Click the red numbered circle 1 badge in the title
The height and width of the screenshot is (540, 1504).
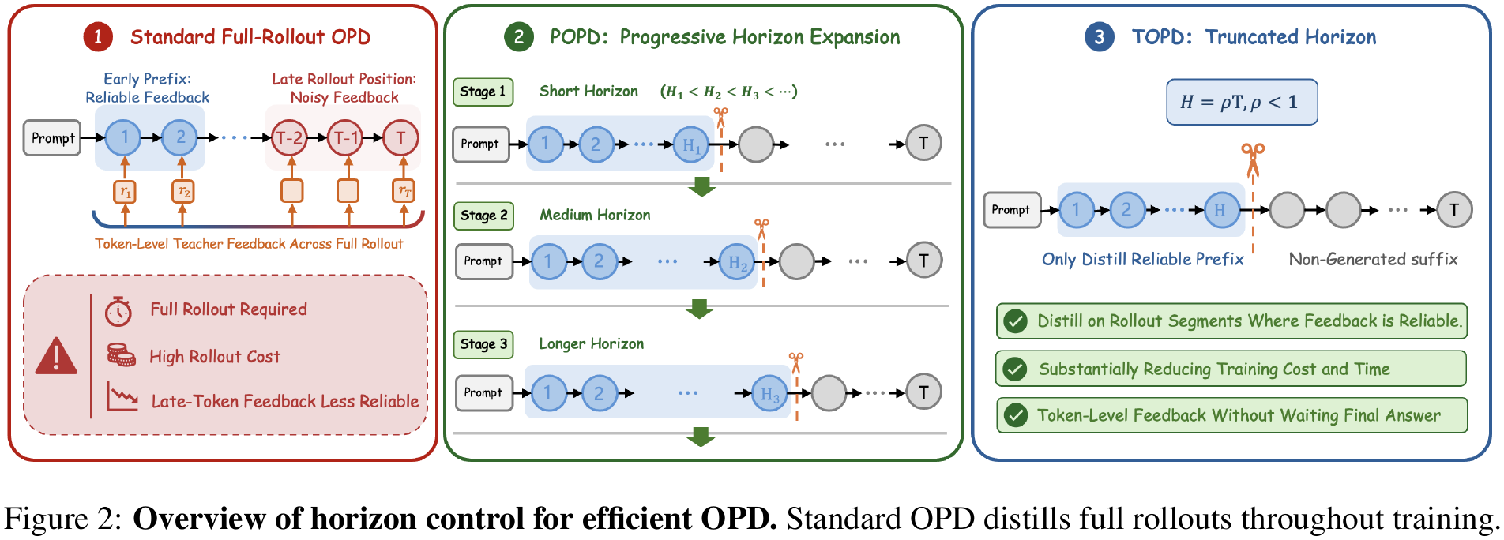point(98,37)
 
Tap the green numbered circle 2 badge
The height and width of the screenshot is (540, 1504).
point(518,37)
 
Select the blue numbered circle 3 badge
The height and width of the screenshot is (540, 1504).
point(1099,37)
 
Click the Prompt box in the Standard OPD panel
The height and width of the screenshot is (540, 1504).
point(53,138)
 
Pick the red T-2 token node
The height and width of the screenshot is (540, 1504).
point(288,138)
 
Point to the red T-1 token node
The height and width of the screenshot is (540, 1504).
point(345,138)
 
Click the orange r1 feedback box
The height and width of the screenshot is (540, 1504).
point(125,191)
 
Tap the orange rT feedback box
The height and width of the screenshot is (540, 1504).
point(404,191)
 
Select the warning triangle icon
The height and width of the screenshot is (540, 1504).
point(56,356)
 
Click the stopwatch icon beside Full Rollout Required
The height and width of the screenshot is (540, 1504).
point(118,311)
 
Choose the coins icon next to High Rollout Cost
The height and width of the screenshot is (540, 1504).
point(121,355)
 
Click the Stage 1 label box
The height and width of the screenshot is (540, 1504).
point(483,92)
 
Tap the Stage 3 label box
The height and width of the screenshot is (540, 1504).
point(483,344)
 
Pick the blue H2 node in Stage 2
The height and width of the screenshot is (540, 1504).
point(738,262)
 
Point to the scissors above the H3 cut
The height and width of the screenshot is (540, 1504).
point(796,362)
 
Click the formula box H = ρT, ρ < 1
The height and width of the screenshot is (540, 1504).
point(1242,102)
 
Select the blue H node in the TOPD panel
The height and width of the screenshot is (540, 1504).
point(1221,210)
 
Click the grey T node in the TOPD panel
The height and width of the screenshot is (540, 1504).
point(1454,210)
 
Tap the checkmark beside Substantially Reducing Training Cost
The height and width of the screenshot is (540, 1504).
point(1015,369)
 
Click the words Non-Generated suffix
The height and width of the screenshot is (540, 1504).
point(1374,259)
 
